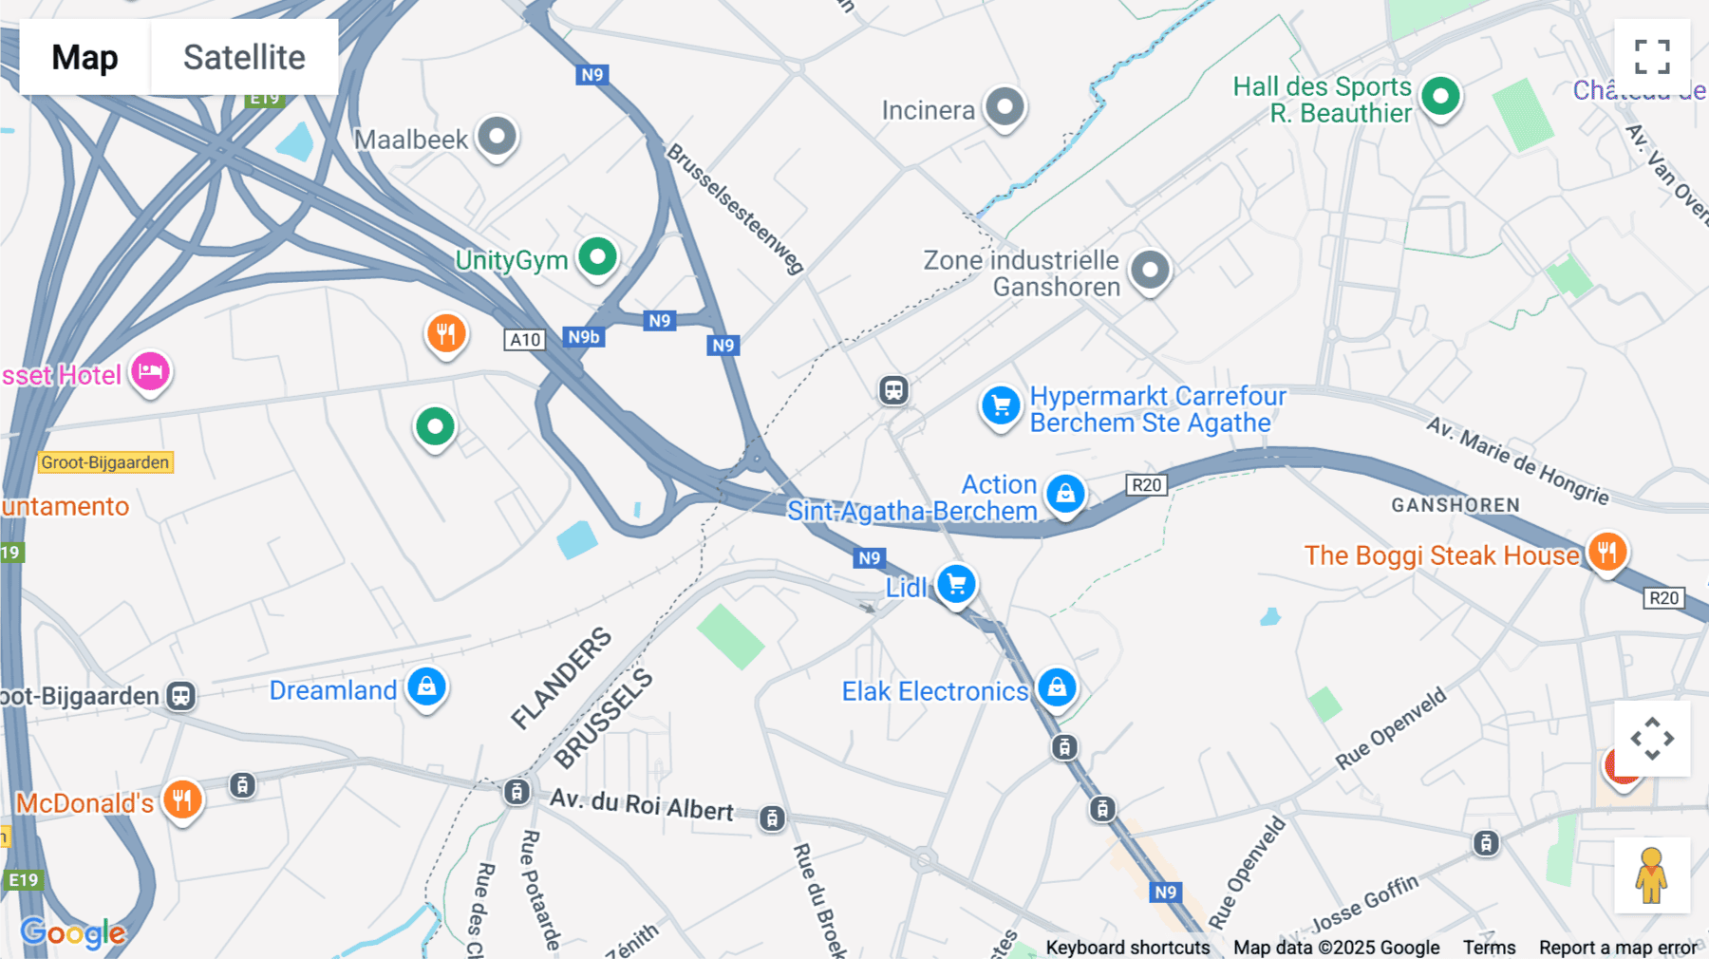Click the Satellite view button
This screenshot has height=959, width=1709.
pyautogui.click(x=244, y=57)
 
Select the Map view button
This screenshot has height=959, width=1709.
pyautogui.click(x=85, y=57)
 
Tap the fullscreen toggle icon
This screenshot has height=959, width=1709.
pyautogui.click(x=1652, y=57)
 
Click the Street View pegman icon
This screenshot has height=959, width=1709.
pyautogui.click(x=1652, y=875)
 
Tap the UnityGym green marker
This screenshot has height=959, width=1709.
pyautogui.click(x=598, y=256)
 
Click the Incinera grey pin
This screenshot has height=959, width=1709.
pyautogui.click(x=1005, y=106)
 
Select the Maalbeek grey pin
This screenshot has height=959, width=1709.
pyautogui.click(x=497, y=137)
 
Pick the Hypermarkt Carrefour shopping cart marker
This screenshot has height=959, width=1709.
pyautogui.click(x=1000, y=406)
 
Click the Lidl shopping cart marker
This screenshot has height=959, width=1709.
pyautogui.click(x=956, y=584)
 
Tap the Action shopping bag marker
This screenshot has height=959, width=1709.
pyautogui.click(x=1065, y=494)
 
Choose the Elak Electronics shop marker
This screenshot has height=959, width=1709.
pyautogui.click(x=1057, y=687)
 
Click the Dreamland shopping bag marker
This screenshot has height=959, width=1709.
pyautogui.click(x=427, y=686)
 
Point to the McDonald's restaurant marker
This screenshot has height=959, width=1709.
pyautogui.click(x=182, y=799)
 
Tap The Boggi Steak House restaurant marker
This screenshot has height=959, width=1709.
pyautogui.click(x=1606, y=552)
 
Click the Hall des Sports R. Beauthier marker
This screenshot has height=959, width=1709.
pyautogui.click(x=1440, y=96)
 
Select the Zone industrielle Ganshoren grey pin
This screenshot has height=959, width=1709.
pyautogui.click(x=1150, y=271)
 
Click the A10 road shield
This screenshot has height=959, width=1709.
pyautogui.click(x=525, y=340)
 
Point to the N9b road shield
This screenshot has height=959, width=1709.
pyautogui.click(x=584, y=337)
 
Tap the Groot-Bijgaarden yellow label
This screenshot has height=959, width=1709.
pyautogui.click(x=105, y=462)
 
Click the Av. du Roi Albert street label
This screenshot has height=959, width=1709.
pyautogui.click(x=642, y=804)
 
